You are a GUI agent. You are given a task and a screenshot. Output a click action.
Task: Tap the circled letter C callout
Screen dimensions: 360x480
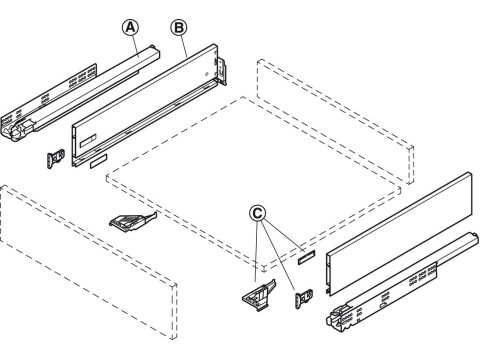258,213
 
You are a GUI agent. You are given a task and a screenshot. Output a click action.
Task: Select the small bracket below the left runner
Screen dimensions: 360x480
56,157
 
